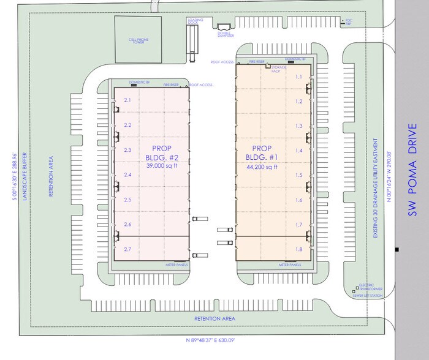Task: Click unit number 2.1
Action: click(127, 99)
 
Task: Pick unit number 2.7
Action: click(127, 249)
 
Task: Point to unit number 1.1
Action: click(299, 77)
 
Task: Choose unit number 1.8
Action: click(299, 249)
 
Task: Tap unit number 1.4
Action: click(299, 150)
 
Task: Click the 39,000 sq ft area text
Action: click(161, 165)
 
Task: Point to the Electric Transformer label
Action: click(370, 287)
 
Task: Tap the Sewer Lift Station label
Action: click(368, 296)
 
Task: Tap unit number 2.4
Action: click(127, 174)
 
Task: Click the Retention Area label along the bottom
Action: click(214, 318)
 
